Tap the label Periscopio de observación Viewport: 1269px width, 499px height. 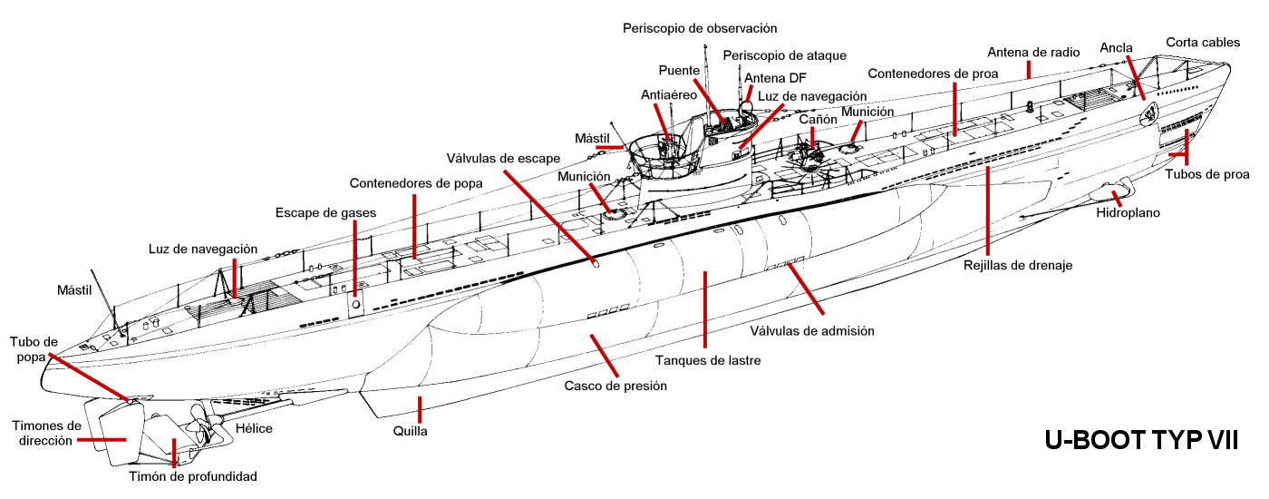[x=700, y=29]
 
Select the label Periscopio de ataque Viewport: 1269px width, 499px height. [x=785, y=56]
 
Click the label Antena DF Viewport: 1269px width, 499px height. [x=775, y=78]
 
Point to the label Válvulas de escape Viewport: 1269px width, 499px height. [x=496, y=157]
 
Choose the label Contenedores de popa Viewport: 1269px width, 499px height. [x=416, y=183]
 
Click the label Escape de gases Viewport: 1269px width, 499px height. [x=326, y=213]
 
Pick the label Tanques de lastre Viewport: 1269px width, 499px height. [x=708, y=360]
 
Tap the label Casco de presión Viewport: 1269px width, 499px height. [x=615, y=386]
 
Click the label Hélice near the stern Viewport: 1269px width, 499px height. [x=254, y=428]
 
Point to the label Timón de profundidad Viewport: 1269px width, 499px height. [x=191, y=476]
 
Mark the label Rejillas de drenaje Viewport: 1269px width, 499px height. [x=1018, y=266]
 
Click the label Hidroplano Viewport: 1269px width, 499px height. [x=1128, y=213]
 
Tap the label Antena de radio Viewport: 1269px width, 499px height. [x=1033, y=53]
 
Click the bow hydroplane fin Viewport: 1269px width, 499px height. [x=1108, y=191]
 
